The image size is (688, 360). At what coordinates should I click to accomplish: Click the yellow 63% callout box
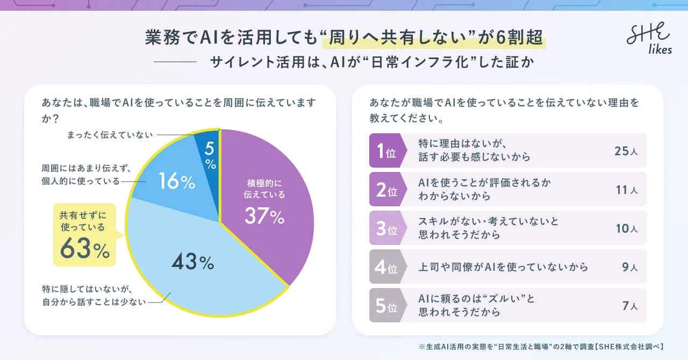pos(84,235)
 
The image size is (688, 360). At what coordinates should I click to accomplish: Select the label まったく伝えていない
pos(110,134)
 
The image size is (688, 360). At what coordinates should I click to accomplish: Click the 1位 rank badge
pos(385,151)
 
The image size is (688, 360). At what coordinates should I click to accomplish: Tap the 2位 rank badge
pos(385,190)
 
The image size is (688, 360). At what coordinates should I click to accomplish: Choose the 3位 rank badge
pos(385,228)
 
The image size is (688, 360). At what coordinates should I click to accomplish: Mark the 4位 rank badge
pos(385,267)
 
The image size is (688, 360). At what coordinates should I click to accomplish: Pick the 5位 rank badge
pos(385,306)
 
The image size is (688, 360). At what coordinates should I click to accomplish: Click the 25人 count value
pos(626,151)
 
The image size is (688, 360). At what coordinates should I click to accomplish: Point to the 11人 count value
pos(626,190)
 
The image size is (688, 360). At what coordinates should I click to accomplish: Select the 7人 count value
pos(629,306)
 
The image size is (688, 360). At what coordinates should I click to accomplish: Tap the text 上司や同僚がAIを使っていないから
pos(503,267)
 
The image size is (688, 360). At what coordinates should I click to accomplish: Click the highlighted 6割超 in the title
pos(517,39)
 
